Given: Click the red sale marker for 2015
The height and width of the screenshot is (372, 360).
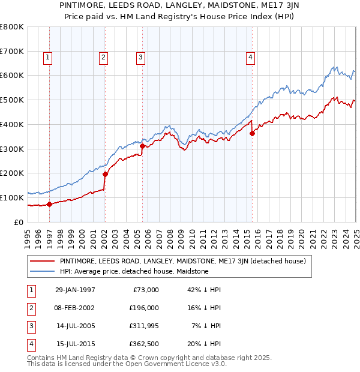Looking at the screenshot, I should click(252, 134).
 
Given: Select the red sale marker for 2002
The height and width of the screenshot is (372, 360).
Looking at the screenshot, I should click(105, 174).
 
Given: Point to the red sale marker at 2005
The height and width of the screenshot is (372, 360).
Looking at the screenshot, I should click(142, 146).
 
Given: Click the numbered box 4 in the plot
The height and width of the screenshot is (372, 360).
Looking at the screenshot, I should click(250, 58).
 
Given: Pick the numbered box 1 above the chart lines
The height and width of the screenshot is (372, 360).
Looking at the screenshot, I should click(47, 58).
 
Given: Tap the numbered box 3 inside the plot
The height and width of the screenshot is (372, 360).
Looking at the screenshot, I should click(140, 58).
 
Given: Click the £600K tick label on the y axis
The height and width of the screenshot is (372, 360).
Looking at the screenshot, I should click(12, 76).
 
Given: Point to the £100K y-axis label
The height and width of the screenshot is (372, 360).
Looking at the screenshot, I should click(12, 197).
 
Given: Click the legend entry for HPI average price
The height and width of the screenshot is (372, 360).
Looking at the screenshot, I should click(133, 271).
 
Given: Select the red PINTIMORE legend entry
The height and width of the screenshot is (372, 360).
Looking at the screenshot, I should click(182, 262).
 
